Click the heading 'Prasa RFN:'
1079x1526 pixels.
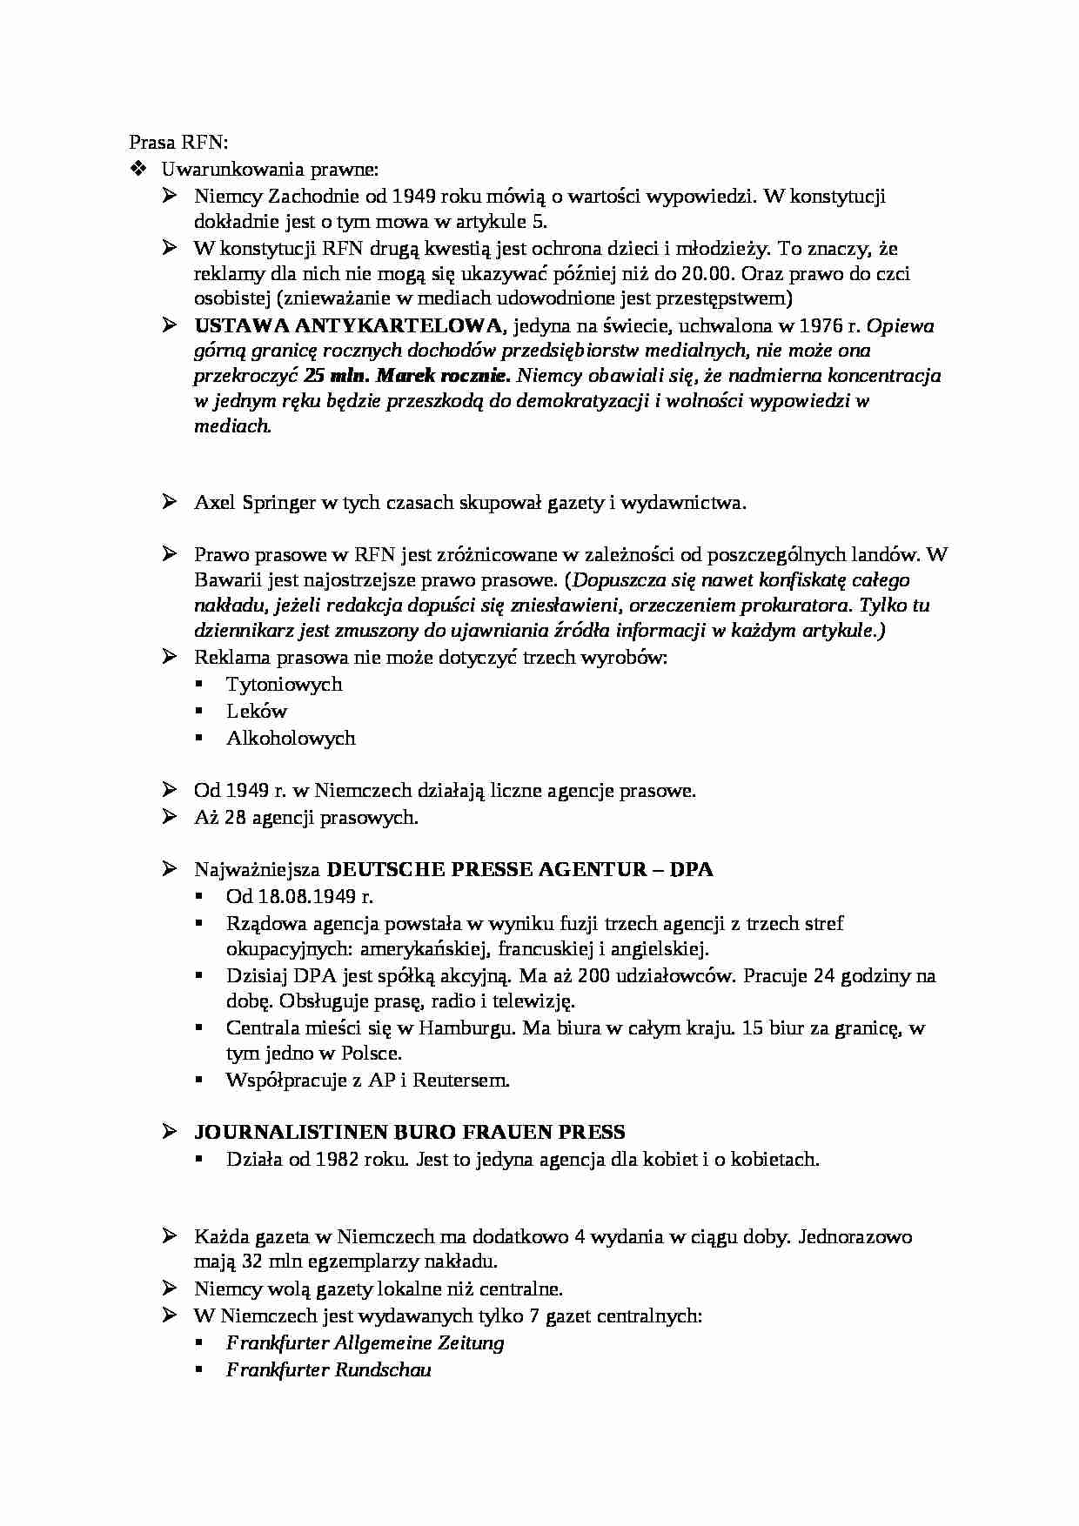point(178,142)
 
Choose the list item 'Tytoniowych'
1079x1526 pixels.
point(284,685)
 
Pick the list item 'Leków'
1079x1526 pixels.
point(256,711)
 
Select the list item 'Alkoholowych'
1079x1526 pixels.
point(291,738)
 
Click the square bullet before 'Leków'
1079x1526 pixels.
point(199,712)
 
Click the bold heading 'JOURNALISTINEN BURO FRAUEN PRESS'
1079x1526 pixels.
point(409,1133)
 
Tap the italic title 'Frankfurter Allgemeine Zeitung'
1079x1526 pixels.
point(365,1342)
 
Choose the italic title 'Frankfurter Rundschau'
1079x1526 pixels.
point(328,1369)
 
